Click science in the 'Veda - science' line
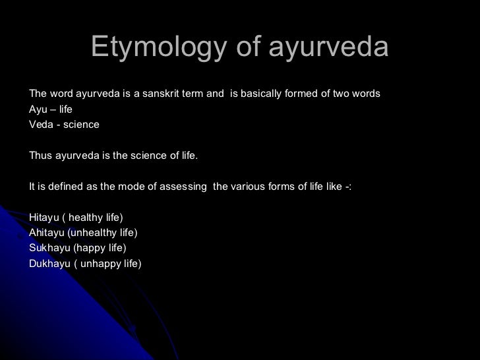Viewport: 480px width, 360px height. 81,124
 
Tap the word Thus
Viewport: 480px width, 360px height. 41,155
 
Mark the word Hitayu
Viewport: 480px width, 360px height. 45,217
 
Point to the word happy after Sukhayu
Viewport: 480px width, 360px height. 91,248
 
